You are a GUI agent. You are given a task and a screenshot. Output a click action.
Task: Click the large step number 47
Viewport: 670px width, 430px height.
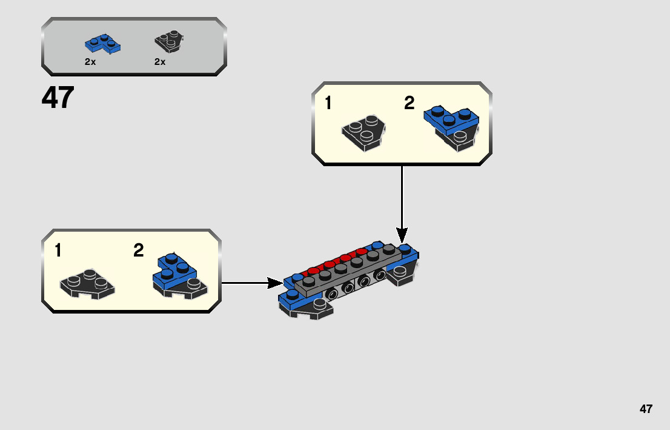58,98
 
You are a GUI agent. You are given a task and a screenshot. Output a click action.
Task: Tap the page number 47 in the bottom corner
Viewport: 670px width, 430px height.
646,409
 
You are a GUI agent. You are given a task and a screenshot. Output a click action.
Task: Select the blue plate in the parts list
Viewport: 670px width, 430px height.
102,43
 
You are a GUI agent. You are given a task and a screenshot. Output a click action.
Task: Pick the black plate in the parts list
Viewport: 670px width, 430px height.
169,41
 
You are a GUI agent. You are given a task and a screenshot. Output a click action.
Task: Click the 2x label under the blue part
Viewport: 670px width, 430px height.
90,62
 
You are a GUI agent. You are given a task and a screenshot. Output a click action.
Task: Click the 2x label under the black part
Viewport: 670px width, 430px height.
160,62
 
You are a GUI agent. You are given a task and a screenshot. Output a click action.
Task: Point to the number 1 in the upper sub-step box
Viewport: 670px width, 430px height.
328,104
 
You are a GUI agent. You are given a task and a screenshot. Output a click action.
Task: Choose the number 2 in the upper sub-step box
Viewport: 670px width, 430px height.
410,104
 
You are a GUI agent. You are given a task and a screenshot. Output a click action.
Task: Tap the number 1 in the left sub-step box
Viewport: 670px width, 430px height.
58,250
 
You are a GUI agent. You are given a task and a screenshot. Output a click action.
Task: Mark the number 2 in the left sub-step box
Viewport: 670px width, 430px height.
139,250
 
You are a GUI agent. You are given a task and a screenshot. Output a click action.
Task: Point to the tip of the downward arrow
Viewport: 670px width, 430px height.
402,241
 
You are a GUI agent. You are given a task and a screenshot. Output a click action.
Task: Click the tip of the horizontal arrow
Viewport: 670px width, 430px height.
280,283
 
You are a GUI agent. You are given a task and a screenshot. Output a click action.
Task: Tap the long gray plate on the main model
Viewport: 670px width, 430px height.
348,272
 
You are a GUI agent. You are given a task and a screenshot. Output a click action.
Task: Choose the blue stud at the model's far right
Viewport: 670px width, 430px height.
405,248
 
